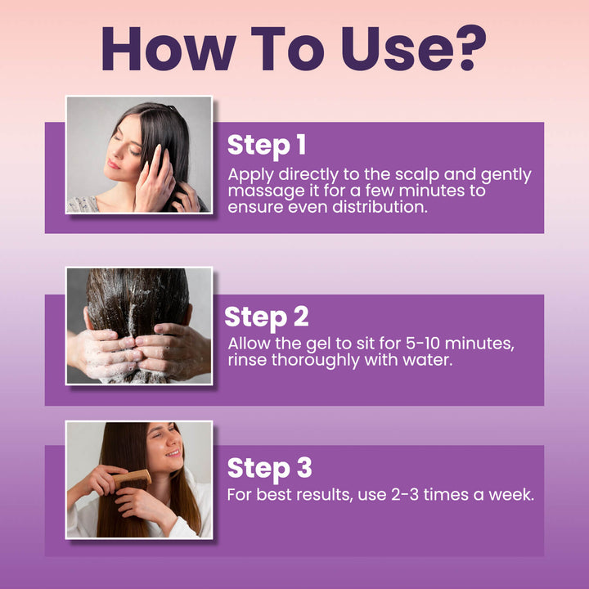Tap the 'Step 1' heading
(266, 145)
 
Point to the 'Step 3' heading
(268, 469)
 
